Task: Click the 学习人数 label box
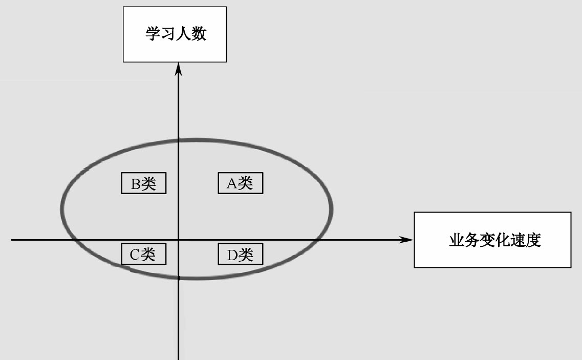click(x=175, y=34)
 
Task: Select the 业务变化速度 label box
click(x=492, y=240)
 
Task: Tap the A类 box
click(x=240, y=183)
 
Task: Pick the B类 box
click(x=143, y=183)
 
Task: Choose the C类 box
click(x=143, y=254)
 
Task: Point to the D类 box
click(x=240, y=254)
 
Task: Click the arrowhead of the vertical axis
click(x=178, y=68)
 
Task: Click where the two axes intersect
click(x=178, y=240)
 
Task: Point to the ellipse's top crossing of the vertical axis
click(x=178, y=139)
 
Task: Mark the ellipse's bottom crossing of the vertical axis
click(x=178, y=278)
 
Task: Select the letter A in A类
click(x=231, y=183)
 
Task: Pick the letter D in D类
click(x=231, y=255)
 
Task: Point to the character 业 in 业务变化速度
click(x=456, y=240)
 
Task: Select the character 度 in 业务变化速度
click(x=534, y=240)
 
